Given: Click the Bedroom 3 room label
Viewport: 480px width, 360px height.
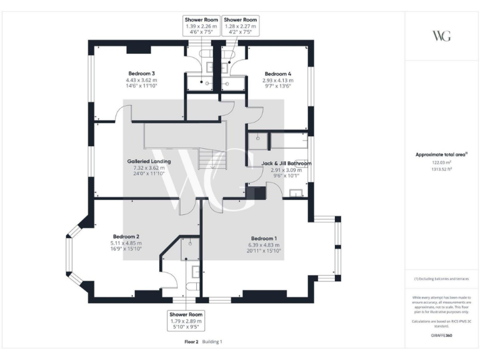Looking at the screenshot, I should click(141, 73).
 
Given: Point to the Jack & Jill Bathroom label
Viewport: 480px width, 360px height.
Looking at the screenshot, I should click(286, 163).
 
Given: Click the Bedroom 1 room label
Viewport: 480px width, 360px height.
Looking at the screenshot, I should click(263, 238).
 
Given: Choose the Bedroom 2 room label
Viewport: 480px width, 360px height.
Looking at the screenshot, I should click(125, 236).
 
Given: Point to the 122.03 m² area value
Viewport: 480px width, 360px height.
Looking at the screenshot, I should click(441, 162).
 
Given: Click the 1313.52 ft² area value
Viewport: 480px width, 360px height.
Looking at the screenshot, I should click(441, 169).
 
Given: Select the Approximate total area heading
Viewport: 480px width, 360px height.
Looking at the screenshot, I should click(441, 154).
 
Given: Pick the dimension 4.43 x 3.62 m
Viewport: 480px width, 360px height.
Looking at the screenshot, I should click(141, 80).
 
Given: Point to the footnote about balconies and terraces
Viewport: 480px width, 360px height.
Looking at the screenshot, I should click(441, 279).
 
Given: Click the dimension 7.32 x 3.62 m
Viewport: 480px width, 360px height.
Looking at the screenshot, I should click(148, 167).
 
